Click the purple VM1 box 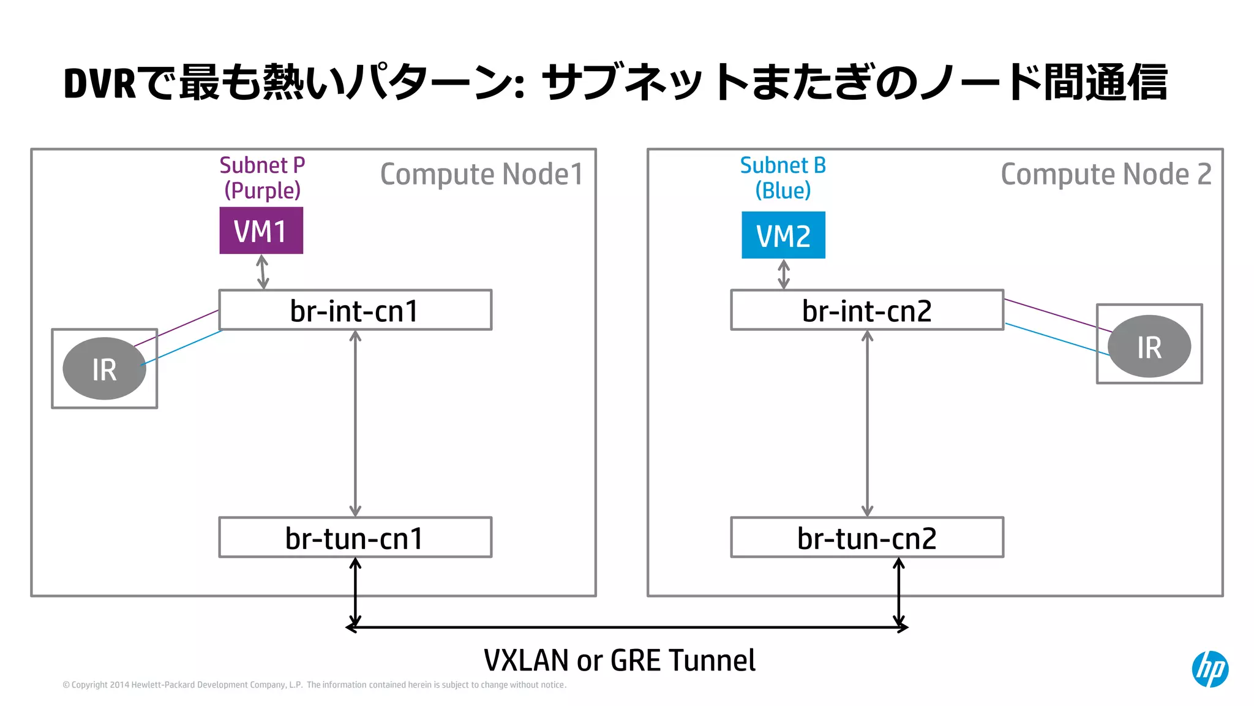pyautogui.click(x=261, y=230)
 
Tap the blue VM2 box pyautogui.click(x=783, y=235)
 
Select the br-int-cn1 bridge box pyautogui.click(x=355, y=310)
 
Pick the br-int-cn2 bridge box pyautogui.click(x=867, y=310)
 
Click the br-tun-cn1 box pyautogui.click(x=355, y=537)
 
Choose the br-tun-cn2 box pyautogui.click(x=867, y=537)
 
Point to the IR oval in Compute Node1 pyautogui.click(x=104, y=369)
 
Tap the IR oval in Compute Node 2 pyautogui.click(x=1149, y=346)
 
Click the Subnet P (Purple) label pyautogui.click(x=262, y=178)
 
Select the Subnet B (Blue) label pyautogui.click(x=783, y=178)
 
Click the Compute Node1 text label pyautogui.click(x=481, y=174)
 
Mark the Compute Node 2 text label pyautogui.click(x=1106, y=174)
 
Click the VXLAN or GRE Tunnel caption pyautogui.click(x=620, y=660)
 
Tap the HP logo pyautogui.click(x=1210, y=669)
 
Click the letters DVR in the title pyautogui.click(x=100, y=83)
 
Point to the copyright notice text pyautogui.click(x=314, y=685)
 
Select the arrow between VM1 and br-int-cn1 pyautogui.click(x=263, y=272)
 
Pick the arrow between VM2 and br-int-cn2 pyautogui.click(x=784, y=274)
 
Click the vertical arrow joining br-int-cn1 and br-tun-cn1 pyautogui.click(x=355, y=423)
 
